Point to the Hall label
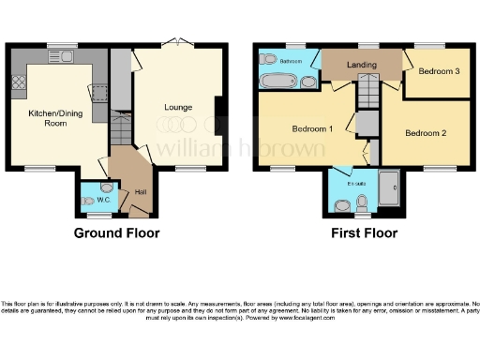[141, 191]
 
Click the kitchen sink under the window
[63, 55]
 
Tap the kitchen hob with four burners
[19, 85]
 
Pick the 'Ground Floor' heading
[117, 233]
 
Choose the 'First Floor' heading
[363, 233]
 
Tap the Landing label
[361, 65]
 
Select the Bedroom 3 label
[438, 71]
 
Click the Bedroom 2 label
[425, 132]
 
